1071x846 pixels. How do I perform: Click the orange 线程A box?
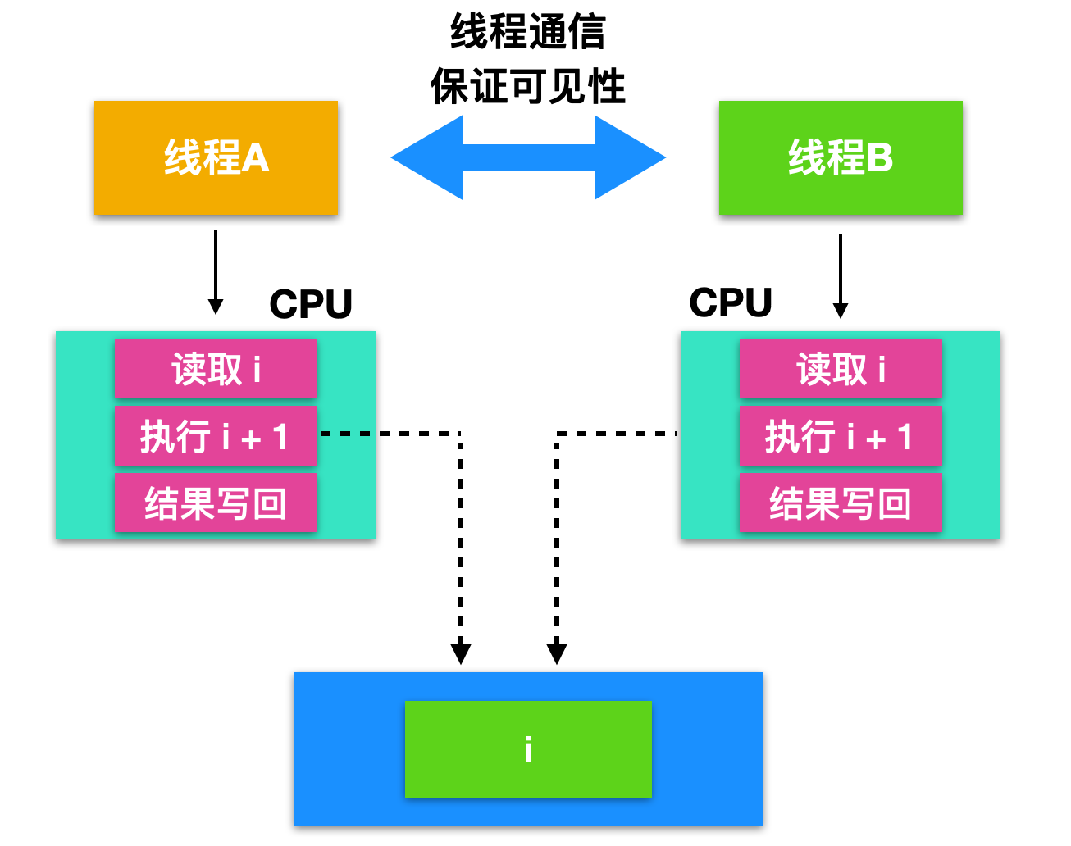(216, 157)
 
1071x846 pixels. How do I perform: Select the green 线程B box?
(841, 157)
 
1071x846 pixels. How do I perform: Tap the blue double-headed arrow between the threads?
(528, 157)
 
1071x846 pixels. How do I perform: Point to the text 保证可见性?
(528, 87)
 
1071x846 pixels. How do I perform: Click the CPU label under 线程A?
(311, 304)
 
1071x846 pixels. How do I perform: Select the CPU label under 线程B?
(731, 302)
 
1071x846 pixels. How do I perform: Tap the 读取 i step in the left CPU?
(216, 369)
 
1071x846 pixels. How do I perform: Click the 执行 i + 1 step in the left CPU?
(216, 436)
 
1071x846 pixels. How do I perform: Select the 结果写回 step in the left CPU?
(216, 503)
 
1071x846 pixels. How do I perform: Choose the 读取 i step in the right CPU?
(841, 369)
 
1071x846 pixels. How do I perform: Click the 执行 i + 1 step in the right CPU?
(841, 436)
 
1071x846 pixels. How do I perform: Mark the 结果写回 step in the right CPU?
(841, 503)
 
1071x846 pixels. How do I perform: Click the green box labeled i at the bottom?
(528, 749)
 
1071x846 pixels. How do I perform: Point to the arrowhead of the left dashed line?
(461, 653)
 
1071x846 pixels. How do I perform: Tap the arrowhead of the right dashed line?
(557, 653)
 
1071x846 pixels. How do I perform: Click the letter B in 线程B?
(880, 157)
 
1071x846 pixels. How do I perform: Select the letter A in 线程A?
(256, 157)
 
